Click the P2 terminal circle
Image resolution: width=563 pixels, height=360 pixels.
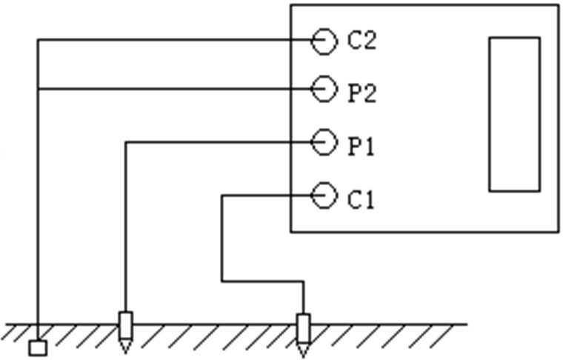click(323, 90)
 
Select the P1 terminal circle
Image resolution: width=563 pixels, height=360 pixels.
click(323, 142)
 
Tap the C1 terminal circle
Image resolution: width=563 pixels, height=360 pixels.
click(323, 196)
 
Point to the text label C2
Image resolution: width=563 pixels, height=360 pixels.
click(362, 40)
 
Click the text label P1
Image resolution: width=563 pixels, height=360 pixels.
click(362, 147)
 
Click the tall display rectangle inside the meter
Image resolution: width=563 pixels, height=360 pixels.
click(514, 114)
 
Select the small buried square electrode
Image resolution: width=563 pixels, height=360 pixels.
click(38, 347)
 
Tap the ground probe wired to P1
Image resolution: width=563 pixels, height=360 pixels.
click(126, 330)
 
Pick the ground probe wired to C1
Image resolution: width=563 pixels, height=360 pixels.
click(303, 330)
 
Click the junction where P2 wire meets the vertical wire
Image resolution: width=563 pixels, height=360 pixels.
click(38, 90)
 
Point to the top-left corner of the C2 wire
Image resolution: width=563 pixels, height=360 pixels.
click(38, 40)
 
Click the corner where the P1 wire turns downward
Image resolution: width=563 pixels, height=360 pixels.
click(126, 142)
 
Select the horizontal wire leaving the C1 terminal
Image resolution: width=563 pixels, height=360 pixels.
click(267, 196)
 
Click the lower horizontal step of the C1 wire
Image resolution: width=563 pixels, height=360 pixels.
click(263, 281)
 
